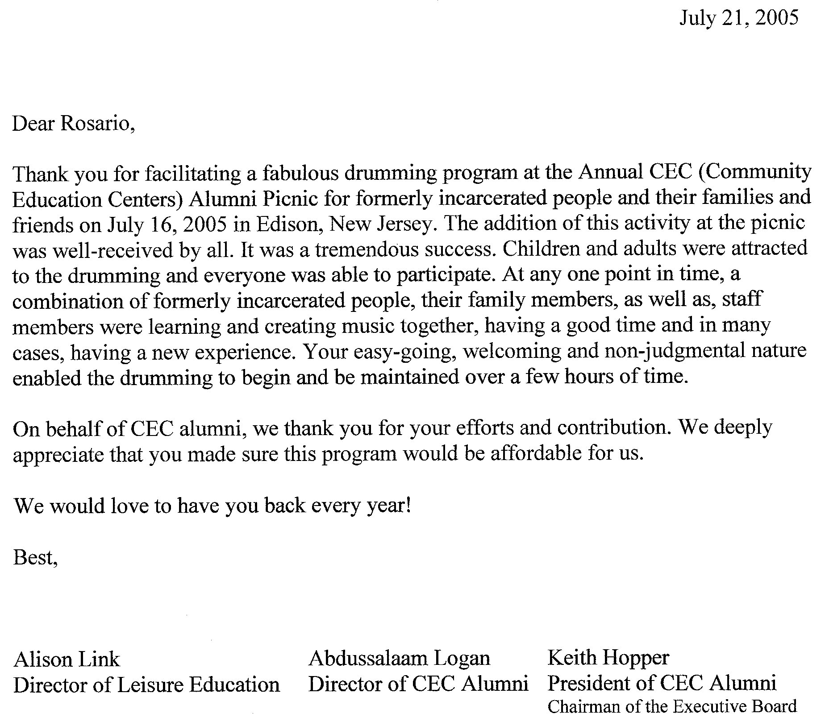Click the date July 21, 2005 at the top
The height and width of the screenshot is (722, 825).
(738, 18)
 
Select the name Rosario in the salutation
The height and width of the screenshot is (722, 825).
(96, 124)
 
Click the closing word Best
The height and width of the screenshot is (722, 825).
(35, 557)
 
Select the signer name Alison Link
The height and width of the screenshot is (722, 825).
(67, 659)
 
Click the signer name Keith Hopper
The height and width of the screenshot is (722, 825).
(608, 658)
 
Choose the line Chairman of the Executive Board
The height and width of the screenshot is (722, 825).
(672, 706)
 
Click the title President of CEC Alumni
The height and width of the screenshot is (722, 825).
(662, 683)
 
